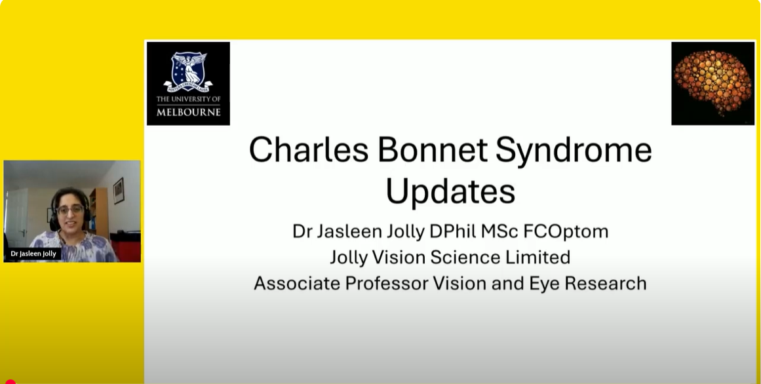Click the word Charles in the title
click(309, 149)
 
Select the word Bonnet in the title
click(433, 149)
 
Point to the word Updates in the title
click(450, 192)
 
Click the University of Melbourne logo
click(188, 83)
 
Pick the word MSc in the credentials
click(500, 231)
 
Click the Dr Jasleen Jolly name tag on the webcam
click(33, 254)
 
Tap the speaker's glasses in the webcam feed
click(70, 210)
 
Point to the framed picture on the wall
click(119, 190)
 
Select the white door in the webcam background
click(17, 216)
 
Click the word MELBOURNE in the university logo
click(188, 112)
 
